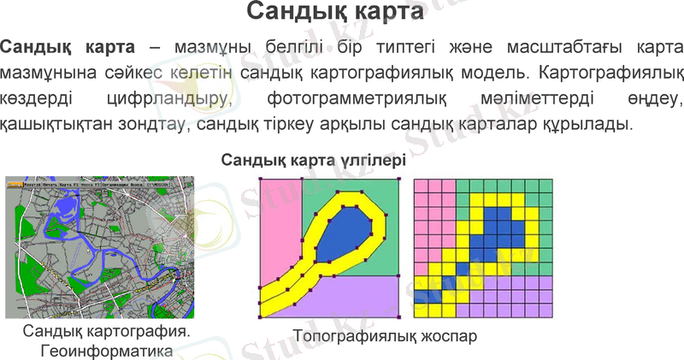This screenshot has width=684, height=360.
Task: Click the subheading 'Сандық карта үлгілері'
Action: pyautogui.click(x=313, y=160)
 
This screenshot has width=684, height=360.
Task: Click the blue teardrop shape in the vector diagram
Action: pyautogui.click(x=347, y=227)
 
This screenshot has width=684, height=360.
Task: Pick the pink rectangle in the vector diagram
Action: pyautogui.click(x=280, y=227)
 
